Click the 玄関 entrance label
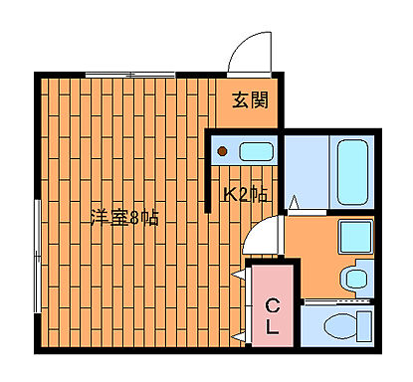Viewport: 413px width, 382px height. (251, 99)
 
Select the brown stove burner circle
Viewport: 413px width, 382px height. (224, 152)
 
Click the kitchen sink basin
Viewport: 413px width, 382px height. (256, 152)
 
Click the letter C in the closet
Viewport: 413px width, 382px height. (271, 306)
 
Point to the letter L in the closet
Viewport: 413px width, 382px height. (271, 327)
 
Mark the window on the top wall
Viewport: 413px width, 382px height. (129, 73)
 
